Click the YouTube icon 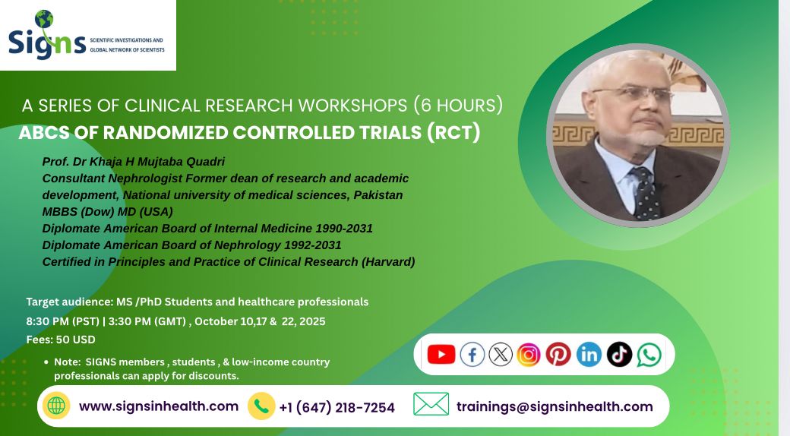coord(441,354)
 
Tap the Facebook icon coord(472,354)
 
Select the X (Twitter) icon coord(501,354)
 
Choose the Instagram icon coord(529,354)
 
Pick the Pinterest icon coord(558,354)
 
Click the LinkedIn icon coord(589,354)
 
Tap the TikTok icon coord(619,354)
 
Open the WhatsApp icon coord(649,355)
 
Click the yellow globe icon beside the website coord(56,406)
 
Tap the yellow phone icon coord(261,406)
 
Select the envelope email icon coord(431,404)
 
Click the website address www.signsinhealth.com coord(159,406)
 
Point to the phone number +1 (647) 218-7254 coord(337,407)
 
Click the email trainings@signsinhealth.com coord(555,407)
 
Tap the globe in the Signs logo coord(44,19)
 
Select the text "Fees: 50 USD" coord(61,340)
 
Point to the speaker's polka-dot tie coord(644,194)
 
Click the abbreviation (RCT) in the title coord(453,133)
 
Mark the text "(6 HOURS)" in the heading coord(458,106)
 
